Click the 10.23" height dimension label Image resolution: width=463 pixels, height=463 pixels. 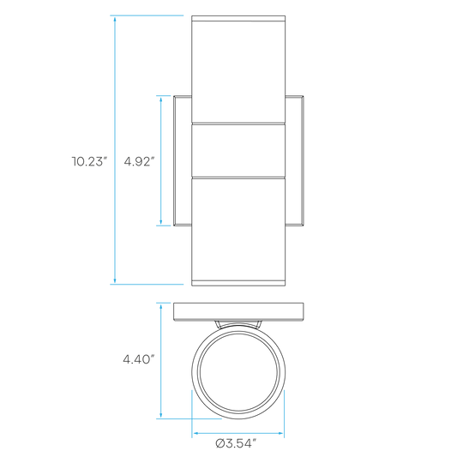[89, 161]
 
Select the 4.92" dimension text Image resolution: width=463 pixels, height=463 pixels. [139, 161]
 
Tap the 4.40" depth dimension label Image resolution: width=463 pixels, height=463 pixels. [139, 359]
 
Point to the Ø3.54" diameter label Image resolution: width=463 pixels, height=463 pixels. [236, 443]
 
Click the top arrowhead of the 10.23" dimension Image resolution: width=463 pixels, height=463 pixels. [115, 20]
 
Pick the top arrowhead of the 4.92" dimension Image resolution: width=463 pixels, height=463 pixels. [161, 99]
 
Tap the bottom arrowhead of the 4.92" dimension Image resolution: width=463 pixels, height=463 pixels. [161, 221]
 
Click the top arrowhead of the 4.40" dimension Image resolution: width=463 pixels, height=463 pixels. [161, 307]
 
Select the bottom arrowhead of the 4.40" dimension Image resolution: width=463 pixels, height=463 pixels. [161, 414]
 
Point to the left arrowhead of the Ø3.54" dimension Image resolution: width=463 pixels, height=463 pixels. [196, 433]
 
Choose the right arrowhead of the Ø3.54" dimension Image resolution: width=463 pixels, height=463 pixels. [280, 433]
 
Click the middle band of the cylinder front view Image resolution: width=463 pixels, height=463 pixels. [238, 151]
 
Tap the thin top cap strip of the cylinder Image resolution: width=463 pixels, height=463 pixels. [238, 18]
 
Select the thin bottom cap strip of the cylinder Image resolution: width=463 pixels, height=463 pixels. [238, 283]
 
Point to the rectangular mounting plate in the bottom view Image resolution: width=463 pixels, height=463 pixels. [238, 312]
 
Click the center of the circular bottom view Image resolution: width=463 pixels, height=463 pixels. [238, 372]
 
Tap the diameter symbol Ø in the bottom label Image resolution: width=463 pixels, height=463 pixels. [220, 443]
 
